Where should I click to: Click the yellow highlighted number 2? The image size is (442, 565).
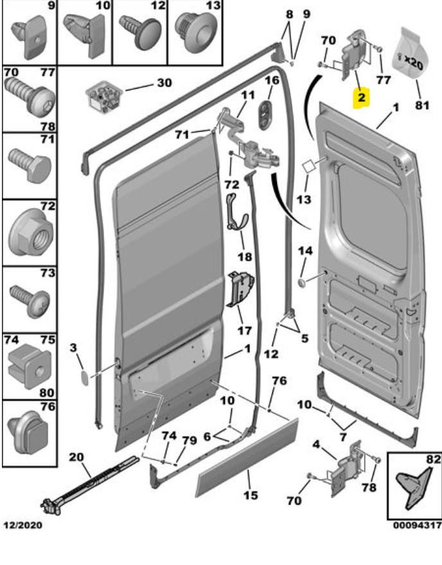coord(361,98)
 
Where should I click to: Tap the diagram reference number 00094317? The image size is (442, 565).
coord(415,525)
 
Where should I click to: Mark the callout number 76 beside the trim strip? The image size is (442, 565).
coord(278,381)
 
